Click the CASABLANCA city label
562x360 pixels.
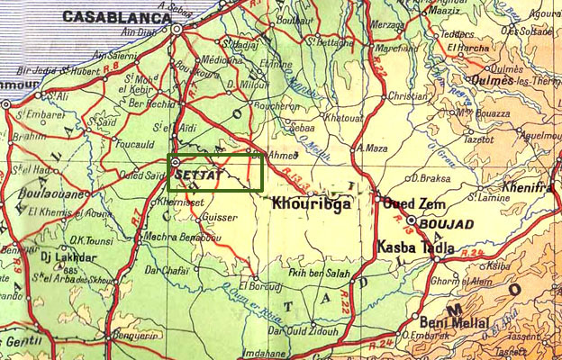pos(116,16)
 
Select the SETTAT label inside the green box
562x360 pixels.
pos(197,172)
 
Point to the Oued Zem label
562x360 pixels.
pos(409,203)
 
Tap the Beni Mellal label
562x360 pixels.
pos(454,321)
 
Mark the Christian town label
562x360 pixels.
pos(406,95)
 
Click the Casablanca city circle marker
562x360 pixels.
pos(178,29)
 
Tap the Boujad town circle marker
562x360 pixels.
pos(412,220)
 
